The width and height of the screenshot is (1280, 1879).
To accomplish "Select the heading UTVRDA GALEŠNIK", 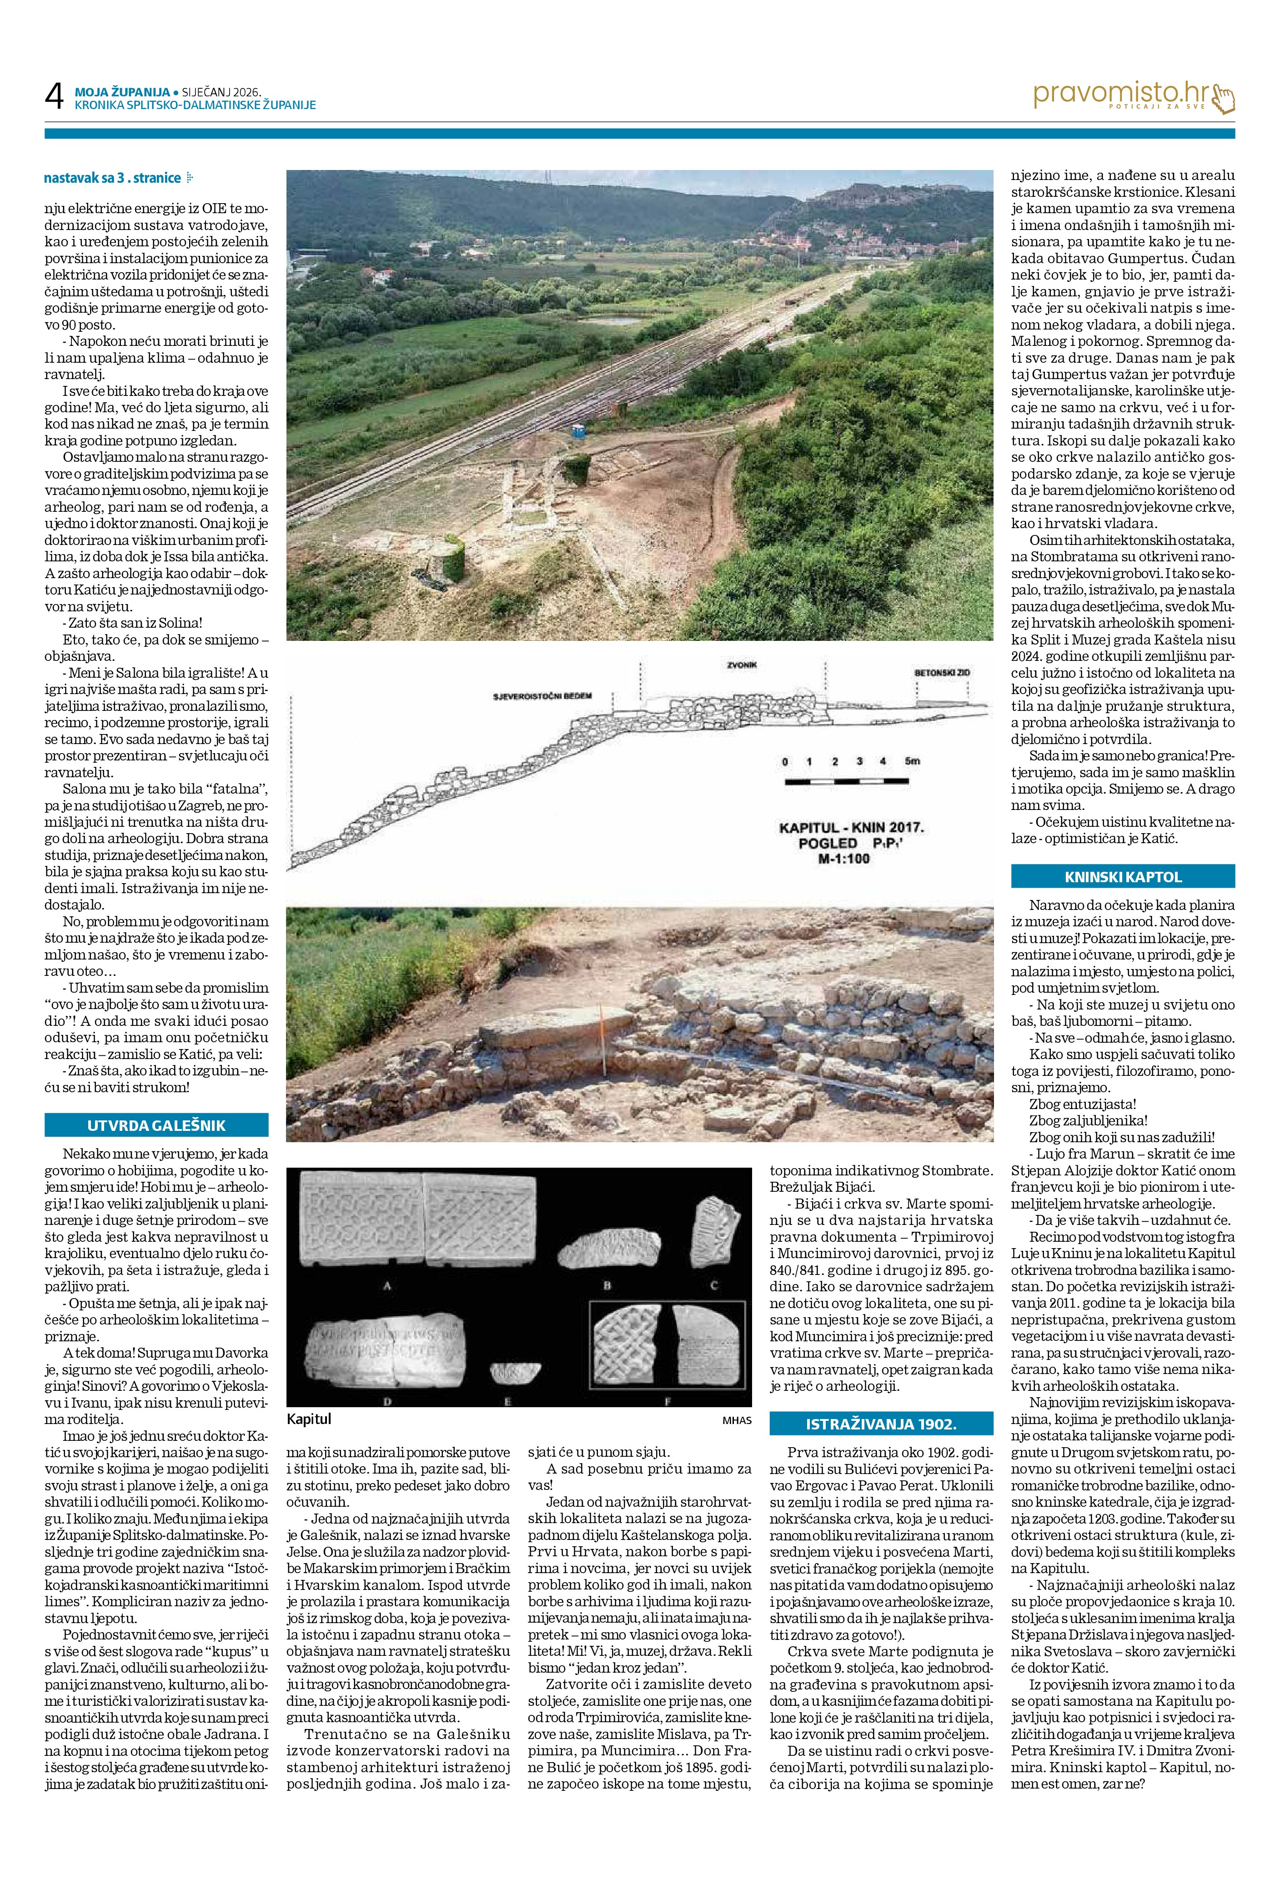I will coord(156,1124).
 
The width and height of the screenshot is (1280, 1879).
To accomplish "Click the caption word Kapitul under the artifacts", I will coord(309,1419).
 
